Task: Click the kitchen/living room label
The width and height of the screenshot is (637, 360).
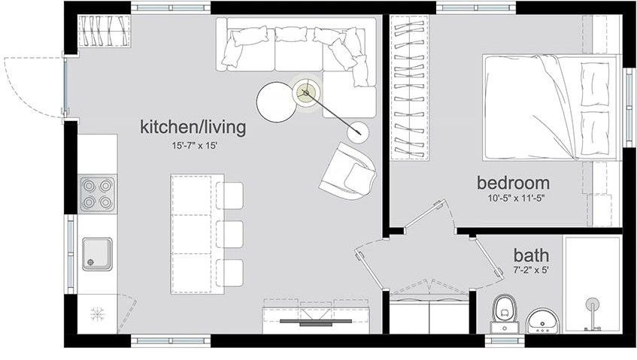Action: (193, 127)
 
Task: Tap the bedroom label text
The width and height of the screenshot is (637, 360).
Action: (514, 183)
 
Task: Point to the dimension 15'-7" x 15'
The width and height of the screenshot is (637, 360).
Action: (193, 146)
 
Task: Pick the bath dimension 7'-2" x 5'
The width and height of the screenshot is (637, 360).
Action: (531, 269)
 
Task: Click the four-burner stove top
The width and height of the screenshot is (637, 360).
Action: (98, 193)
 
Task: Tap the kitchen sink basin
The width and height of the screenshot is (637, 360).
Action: (97, 254)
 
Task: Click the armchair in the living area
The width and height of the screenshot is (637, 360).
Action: (347, 171)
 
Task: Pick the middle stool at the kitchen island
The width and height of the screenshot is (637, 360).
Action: (233, 234)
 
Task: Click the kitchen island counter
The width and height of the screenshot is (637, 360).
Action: (197, 234)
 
